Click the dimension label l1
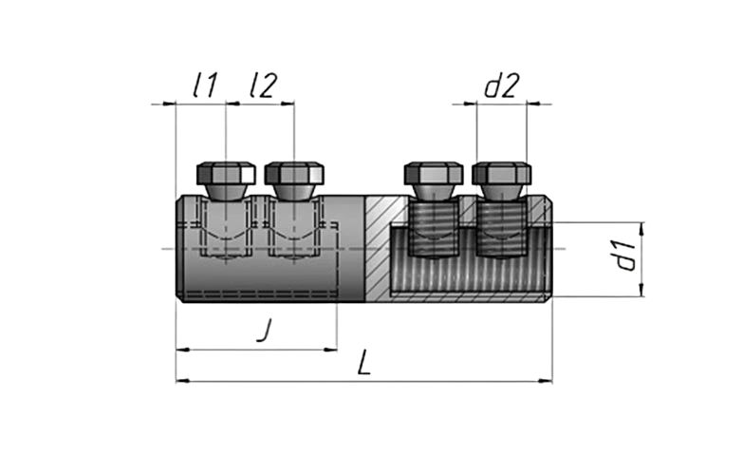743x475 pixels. point(205,85)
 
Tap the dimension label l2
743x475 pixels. point(263,85)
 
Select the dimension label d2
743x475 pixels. point(502,85)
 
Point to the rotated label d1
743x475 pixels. point(626,256)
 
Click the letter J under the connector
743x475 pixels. point(266,331)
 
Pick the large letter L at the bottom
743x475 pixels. point(364,363)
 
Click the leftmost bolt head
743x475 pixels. point(226,174)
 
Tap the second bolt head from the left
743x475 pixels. point(294,174)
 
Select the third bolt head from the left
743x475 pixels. point(434,174)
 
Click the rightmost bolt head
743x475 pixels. point(501,174)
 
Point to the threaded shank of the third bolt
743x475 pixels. point(434,229)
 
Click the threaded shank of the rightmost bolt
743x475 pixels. point(501,229)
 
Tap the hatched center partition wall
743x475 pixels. point(378,248)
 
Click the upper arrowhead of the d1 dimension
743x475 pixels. point(642,229)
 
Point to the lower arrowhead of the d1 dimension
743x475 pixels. point(642,290)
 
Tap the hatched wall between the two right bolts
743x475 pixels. point(468,211)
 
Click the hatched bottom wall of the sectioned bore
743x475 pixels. point(469,297)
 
